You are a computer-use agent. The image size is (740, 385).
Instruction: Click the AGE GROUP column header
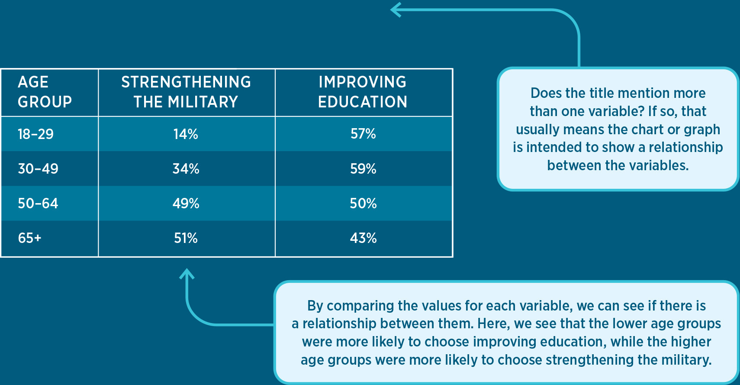[x=45, y=92]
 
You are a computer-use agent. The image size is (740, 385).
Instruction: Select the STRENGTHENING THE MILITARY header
[x=186, y=92]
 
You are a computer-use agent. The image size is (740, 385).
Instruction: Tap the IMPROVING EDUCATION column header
[x=363, y=92]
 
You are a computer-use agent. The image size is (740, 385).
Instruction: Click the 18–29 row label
[x=35, y=134]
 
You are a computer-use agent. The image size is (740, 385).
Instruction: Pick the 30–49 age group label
[x=38, y=169]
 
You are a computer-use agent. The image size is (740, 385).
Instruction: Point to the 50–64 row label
[x=38, y=204]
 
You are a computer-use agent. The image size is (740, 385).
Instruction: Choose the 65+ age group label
[x=29, y=238]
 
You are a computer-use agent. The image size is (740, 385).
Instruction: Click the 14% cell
[x=186, y=134]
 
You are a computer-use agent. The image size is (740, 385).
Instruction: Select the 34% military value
[x=186, y=169]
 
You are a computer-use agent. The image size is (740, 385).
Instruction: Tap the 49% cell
[x=186, y=204]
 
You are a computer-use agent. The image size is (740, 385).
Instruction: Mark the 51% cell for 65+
[x=186, y=238]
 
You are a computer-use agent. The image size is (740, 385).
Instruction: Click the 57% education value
[x=363, y=134]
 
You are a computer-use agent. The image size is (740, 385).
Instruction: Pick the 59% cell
[x=363, y=169]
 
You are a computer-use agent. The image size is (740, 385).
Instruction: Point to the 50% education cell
[x=363, y=204]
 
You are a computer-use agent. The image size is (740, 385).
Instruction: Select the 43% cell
[x=363, y=238]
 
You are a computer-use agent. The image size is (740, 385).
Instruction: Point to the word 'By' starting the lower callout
[x=315, y=306]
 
